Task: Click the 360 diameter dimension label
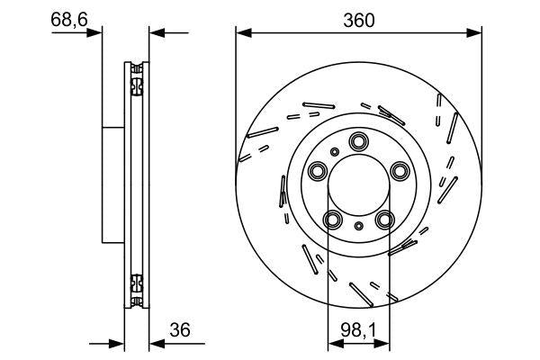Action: pos(359,18)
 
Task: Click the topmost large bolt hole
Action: pos(359,140)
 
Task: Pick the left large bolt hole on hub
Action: pos(317,171)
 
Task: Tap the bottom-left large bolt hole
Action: pos(333,220)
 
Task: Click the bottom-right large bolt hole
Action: pos(385,220)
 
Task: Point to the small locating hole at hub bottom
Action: pos(359,226)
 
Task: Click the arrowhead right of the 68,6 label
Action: pos(96,33)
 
